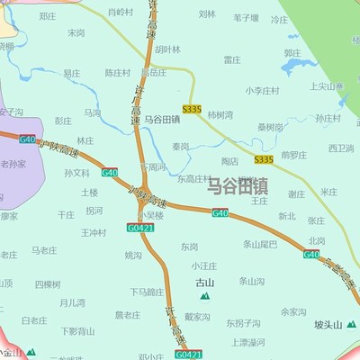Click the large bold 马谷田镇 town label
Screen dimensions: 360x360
[x=238, y=186]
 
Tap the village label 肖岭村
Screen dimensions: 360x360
[x=120, y=13]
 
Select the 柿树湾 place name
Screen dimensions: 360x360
[x=220, y=115]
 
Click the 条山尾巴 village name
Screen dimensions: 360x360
[x=260, y=244]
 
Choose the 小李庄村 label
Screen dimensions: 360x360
[x=262, y=90]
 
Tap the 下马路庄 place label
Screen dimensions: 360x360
[x=147, y=292]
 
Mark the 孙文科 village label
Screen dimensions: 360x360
[x=77, y=173]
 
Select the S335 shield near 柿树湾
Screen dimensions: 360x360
[x=191, y=109]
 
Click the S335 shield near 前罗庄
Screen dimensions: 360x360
[x=263, y=159]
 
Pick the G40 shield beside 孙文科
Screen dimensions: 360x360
[x=110, y=172]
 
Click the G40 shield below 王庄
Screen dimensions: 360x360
[x=220, y=212]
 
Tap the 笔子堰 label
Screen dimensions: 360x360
[x=247, y=17]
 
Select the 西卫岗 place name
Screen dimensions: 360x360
[x=341, y=148]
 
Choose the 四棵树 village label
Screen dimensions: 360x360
[x=48, y=283]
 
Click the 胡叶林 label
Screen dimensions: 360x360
[x=166, y=49]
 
